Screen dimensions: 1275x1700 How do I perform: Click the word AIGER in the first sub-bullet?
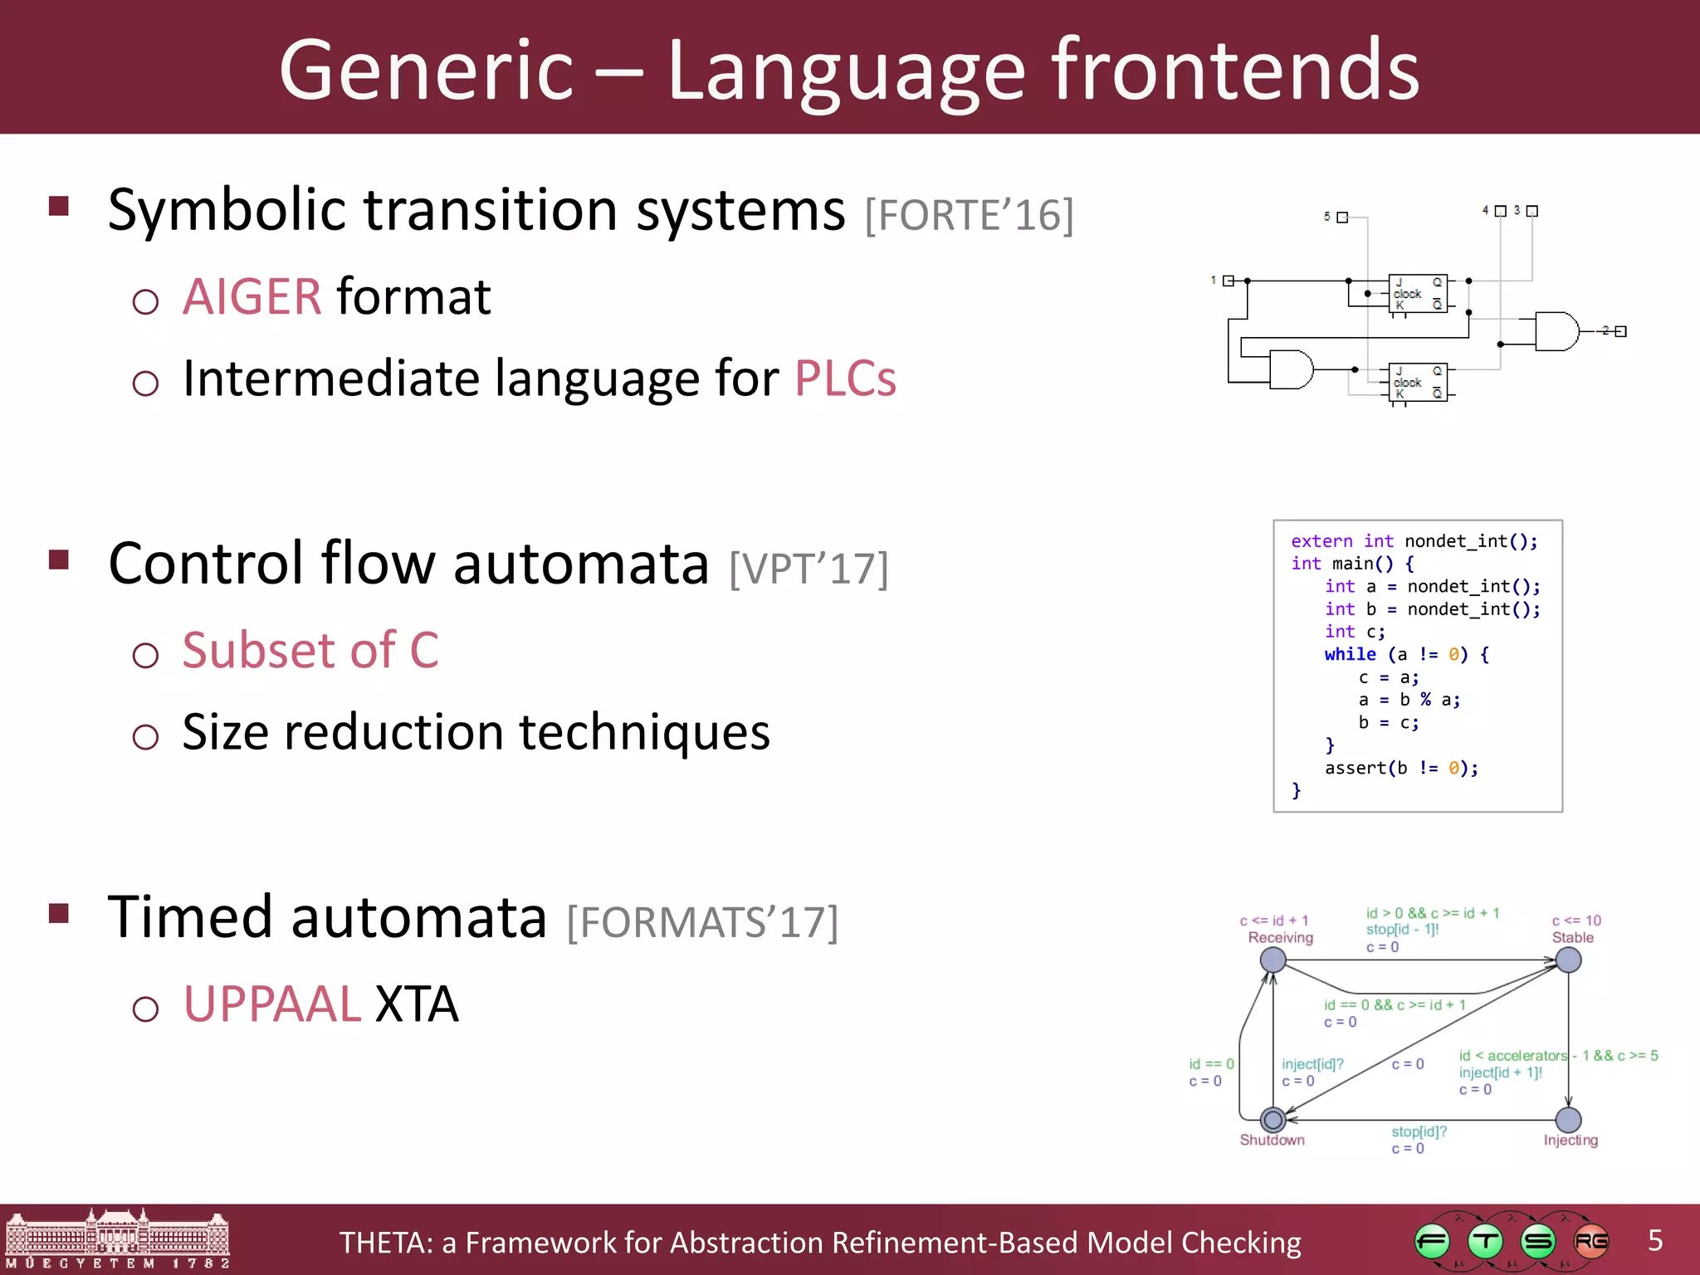[252, 296]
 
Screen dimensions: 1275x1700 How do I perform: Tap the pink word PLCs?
[845, 379]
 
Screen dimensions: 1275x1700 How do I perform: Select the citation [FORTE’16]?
[969, 215]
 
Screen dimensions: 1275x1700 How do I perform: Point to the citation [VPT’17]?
[808, 569]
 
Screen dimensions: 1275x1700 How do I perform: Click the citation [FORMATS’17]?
[702, 923]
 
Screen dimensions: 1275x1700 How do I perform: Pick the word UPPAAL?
[271, 1004]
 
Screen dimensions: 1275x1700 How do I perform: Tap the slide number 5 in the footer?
[1654, 1240]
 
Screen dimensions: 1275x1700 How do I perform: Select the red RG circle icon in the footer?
[1590, 1242]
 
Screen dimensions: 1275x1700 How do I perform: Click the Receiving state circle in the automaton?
[1273, 960]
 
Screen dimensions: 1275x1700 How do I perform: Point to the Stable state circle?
[1568, 960]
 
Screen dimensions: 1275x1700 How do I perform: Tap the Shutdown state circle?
[1273, 1120]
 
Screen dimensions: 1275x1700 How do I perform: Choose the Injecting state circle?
[1568, 1120]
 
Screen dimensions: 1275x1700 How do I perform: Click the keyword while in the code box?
[1350, 654]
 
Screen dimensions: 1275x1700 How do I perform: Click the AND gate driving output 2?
[1556, 331]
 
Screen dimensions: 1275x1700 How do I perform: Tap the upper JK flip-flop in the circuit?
[1418, 294]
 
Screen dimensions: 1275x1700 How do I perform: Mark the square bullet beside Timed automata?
[59, 914]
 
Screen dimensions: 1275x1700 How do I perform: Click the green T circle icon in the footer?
[1485, 1242]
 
